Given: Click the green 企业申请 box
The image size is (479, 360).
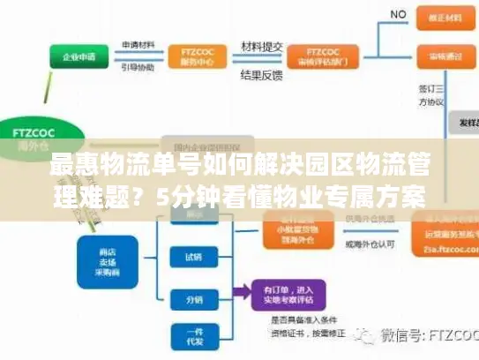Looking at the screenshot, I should (x=80, y=57).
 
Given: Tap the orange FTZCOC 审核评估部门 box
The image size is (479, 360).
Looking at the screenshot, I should (x=326, y=56).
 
